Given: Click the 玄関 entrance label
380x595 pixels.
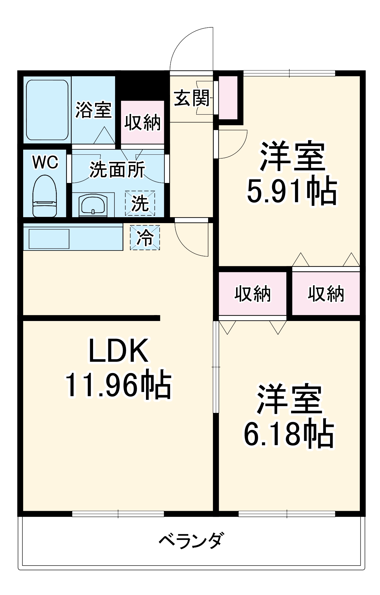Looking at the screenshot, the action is (192, 98).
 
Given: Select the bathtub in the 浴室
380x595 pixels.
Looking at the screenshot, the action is (47, 110).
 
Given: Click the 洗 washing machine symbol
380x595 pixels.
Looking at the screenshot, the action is (140, 203).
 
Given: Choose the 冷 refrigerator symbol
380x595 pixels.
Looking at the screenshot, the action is (145, 238).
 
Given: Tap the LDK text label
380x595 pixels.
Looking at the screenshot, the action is (118, 351).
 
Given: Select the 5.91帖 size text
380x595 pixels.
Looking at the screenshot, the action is (292, 190).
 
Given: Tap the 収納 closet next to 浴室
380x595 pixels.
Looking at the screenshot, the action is (142, 123).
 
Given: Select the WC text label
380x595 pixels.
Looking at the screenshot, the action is (45, 162).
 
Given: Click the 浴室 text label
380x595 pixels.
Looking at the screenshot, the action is (93, 110).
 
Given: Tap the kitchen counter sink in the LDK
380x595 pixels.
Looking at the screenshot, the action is (49, 239).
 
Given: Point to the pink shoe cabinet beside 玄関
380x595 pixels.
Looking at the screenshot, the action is (228, 98).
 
